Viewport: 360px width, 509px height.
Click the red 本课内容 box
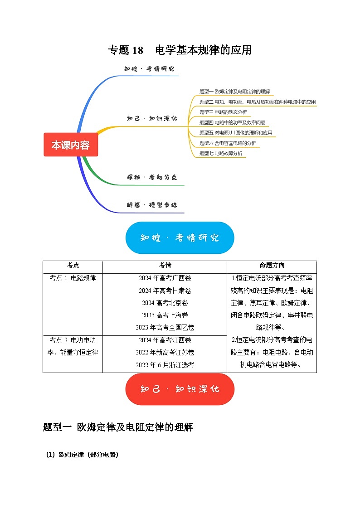pos(71,145)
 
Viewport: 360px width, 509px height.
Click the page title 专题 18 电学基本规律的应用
pos(180,50)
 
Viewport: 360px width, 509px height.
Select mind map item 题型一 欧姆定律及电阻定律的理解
pos(234,92)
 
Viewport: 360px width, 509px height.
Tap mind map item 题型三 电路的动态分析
pos(223,112)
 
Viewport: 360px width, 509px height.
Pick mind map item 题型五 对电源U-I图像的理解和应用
pos(236,133)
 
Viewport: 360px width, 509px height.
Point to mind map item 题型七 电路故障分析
pos(221,153)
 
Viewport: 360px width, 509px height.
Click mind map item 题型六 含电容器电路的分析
pos(228,143)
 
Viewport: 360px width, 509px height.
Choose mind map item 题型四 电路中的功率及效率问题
pos(232,122)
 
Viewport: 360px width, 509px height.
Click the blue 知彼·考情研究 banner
pos(180,238)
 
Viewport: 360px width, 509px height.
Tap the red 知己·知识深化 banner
pos(180,389)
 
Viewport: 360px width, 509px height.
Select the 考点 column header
pos(73,265)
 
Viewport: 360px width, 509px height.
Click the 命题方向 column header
pos(272,265)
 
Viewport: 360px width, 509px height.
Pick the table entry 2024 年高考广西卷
pos(165,278)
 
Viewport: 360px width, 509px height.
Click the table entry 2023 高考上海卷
pos(165,315)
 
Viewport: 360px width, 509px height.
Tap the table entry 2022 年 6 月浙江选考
pos(165,365)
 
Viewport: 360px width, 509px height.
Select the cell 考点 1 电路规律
pos(73,278)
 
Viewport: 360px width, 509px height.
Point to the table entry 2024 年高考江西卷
pos(165,340)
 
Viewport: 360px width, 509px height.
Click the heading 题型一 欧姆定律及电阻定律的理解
pos(118,427)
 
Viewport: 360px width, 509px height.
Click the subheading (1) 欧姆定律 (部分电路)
pos(82,455)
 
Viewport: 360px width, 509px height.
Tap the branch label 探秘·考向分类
pos(152,177)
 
